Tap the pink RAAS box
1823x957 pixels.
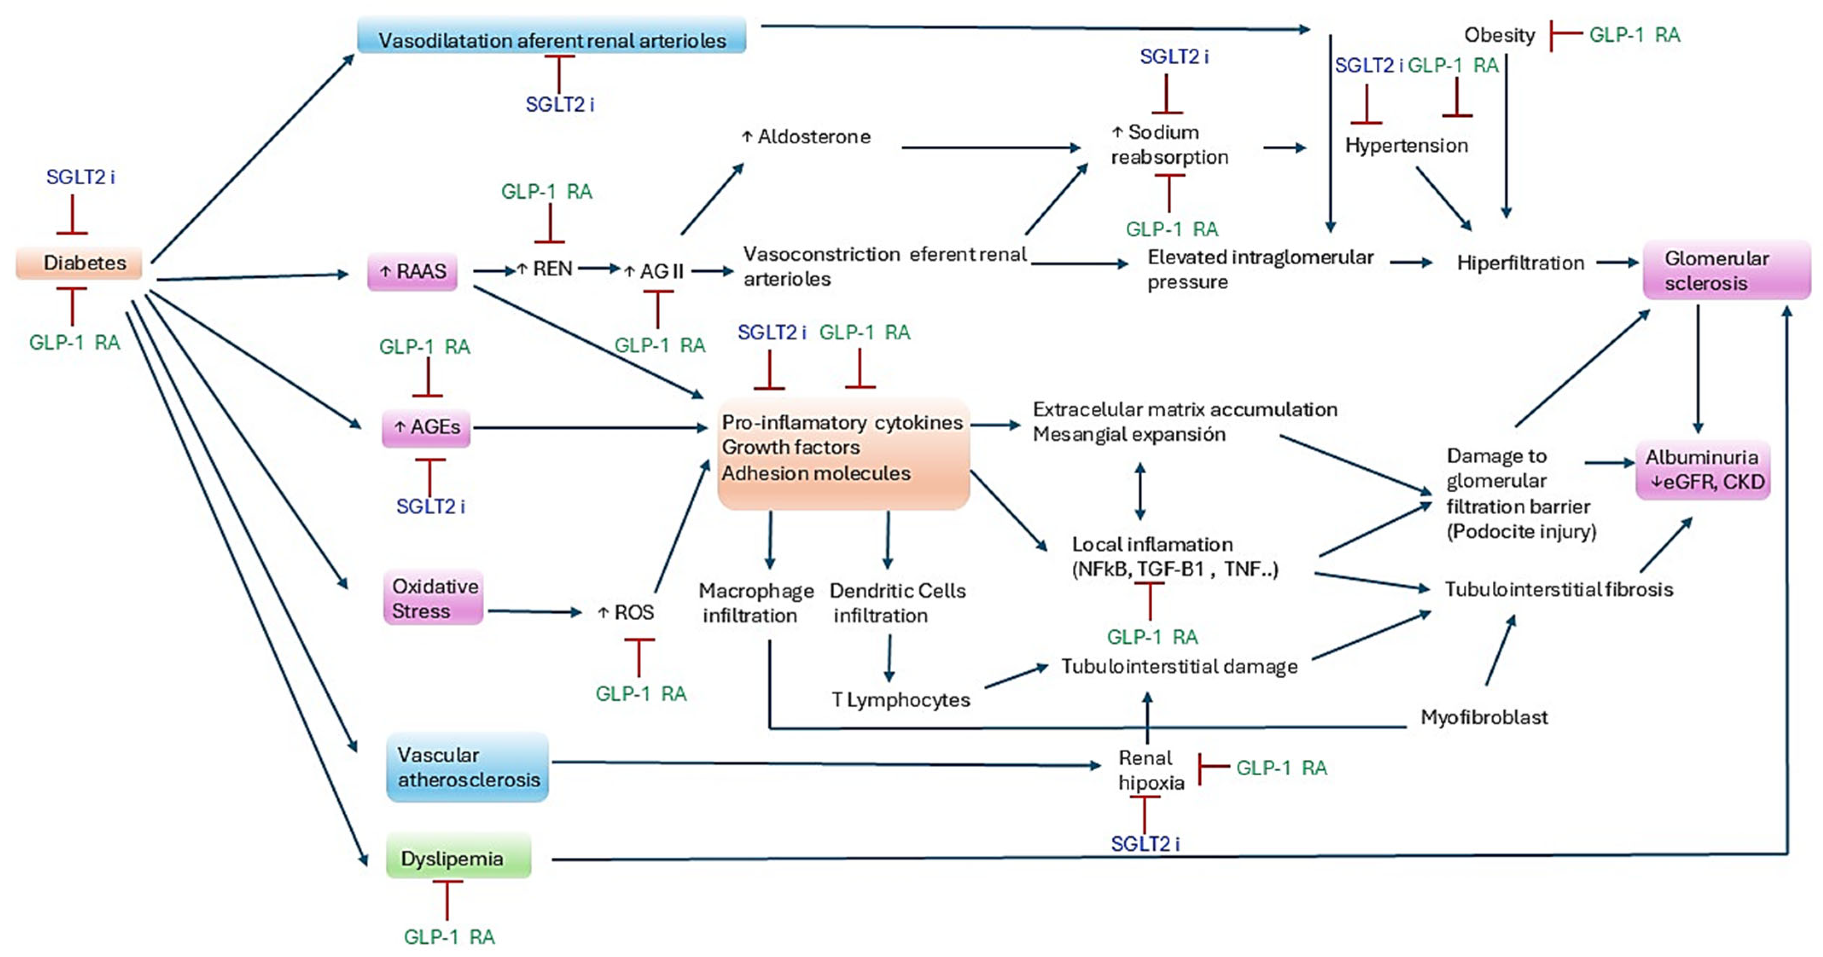pyautogui.click(x=413, y=272)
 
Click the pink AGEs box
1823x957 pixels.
pyautogui.click(x=426, y=427)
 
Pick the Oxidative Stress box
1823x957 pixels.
pyautogui.click(x=433, y=598)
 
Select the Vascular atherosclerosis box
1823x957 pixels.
pyautogui.click(x=467, y=768)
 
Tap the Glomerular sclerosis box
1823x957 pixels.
pyautogui.click(x=1725, y=270)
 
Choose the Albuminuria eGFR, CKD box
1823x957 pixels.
pyautogui.click(x=1703, y=470)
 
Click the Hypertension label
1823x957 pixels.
pyautogui.click(x=1406, y=146)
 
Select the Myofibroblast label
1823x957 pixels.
pyautogui.click(x=1484, y=717)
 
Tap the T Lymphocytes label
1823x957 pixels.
pyautogui.click(x=900, y=700)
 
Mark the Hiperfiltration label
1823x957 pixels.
pyautogui.click(x=1520, y=263)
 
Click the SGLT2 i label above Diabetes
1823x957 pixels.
pyautogui.click(x=80, y=177)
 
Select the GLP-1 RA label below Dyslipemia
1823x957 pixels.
pyautogui.click(x=449, y=937)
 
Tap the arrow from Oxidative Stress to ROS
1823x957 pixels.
pyautogui.click(x=534, y=611)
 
